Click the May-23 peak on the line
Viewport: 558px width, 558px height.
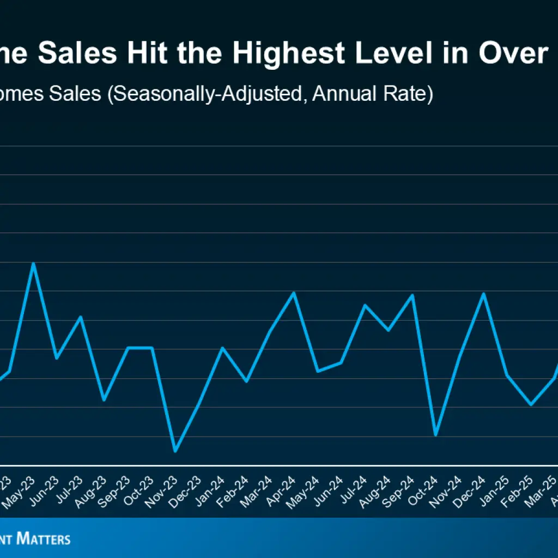coord(34,264)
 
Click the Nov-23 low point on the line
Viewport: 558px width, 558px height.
coord(175,451)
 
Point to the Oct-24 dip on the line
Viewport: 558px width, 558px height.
coord(435,435)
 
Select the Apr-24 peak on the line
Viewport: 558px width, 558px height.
coord(294,293)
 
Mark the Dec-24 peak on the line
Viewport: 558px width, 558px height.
coord(483,294)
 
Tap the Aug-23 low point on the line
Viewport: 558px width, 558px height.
coord(104,400)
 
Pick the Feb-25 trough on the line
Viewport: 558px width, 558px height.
coord(531,404)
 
